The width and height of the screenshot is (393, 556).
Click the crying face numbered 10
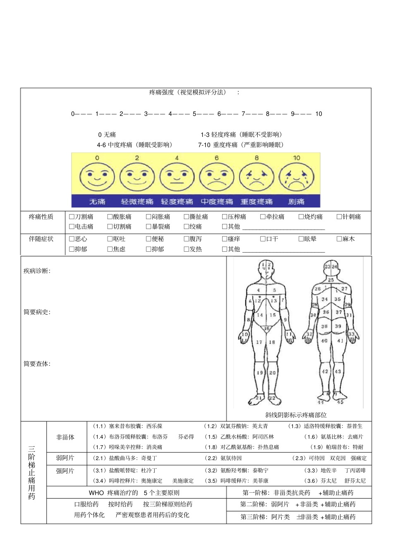click(296, 177)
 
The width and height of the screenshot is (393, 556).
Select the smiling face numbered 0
click(97, 177)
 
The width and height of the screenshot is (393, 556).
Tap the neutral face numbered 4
click(177, 177)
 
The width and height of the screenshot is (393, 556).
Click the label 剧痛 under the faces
click(296, 202)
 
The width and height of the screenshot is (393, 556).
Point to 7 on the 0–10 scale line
click(244, 114)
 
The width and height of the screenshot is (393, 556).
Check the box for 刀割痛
click(72, 217)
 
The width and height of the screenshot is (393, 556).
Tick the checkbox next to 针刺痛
click(339, 217)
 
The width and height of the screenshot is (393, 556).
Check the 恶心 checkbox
click(72, 239)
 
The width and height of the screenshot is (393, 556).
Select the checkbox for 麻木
click(339, 239)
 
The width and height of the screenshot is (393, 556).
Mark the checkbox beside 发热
click(186, 249)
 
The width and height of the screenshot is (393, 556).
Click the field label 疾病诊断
click(36, 271)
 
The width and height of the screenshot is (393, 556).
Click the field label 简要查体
click(36, 364)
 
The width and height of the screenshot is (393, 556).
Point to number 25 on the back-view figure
click(331, 280)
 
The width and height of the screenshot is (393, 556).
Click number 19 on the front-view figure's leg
click(260, 372)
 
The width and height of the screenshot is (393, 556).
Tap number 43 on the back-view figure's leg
click(338, 371)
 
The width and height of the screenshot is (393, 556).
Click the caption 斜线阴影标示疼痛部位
click(296, 415)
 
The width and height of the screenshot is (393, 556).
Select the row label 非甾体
click(65, 437)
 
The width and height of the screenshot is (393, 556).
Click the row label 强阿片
click(65, 471)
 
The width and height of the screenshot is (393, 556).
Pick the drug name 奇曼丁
click(149, 458)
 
